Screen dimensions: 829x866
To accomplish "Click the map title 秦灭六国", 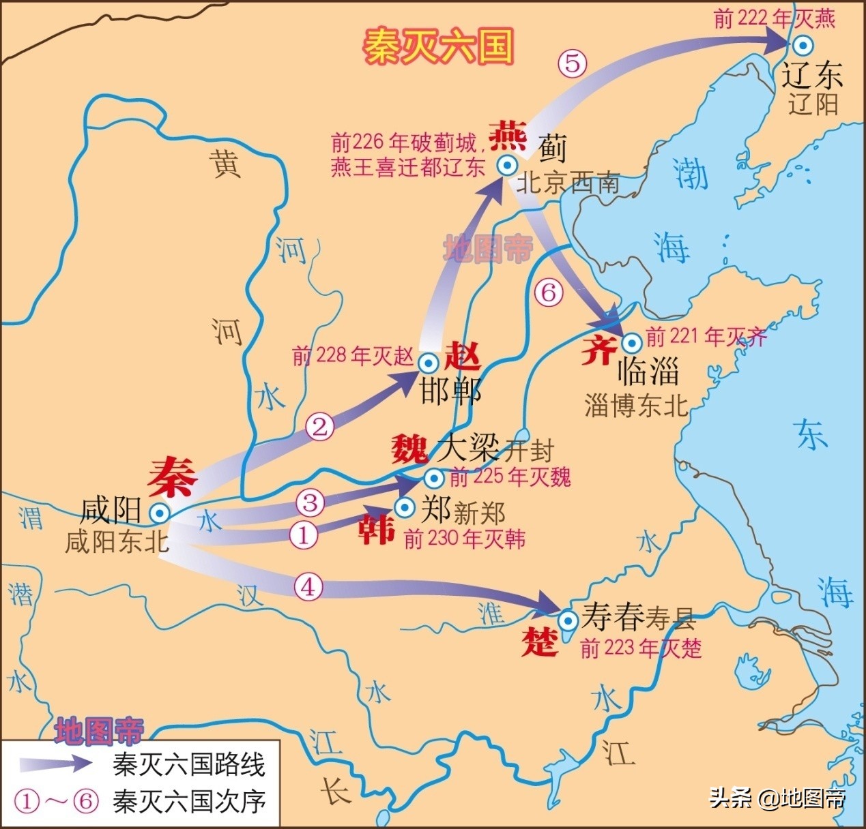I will [437, 46].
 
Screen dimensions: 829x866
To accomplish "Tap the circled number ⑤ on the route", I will [572, 63].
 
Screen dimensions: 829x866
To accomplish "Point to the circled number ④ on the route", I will [308, 586].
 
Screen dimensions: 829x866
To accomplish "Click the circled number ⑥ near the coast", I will [549, 293].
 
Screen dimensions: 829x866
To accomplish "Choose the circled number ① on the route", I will [304, 534].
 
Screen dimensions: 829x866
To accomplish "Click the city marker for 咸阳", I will [160, 512].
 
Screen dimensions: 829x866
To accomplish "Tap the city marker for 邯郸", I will [429, 362].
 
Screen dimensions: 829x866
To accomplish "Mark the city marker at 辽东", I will [803, 46].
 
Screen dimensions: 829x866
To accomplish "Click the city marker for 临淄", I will [631, 342].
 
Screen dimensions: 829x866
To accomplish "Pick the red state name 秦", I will [173, 477].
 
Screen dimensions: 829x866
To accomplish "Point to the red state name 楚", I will [540, 642].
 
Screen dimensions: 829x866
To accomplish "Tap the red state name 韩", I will [377, 530].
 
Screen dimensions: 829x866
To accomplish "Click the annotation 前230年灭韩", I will [464, 540].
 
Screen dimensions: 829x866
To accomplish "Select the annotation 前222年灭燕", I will [774, 18].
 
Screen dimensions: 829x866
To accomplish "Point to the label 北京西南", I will [568, 183].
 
